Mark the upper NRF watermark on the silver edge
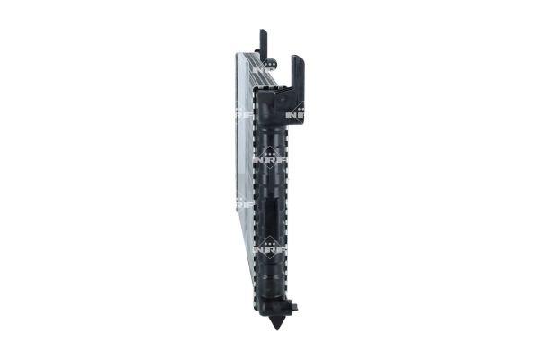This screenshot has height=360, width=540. pyautogui.click(x=241, y=116)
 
